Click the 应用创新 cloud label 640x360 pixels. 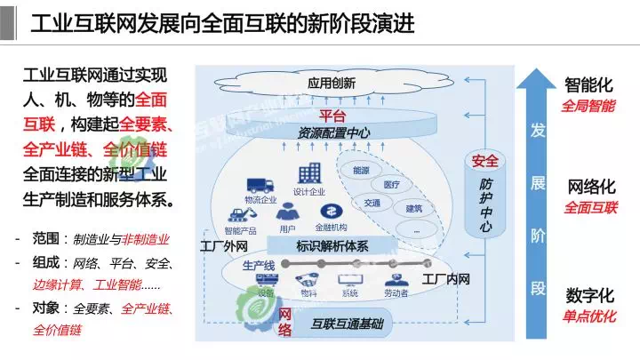point(332,84)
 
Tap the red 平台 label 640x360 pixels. point(332,116)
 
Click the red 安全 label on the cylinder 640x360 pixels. point(484,162)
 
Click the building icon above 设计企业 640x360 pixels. point(310,175)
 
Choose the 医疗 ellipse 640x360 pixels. point(392,185)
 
